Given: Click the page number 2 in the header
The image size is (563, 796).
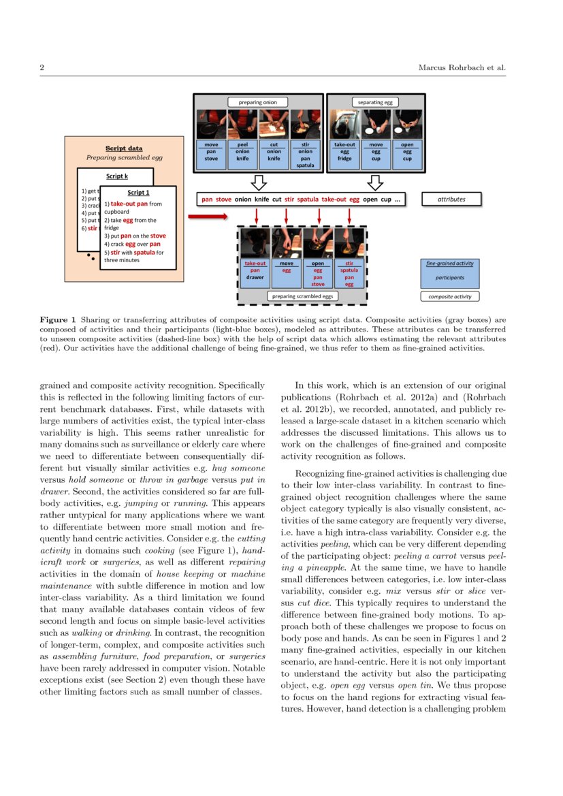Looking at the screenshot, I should coord(42,68).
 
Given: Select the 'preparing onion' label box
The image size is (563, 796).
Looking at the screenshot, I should coord(258,102).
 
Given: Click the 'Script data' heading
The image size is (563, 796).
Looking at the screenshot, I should coord(124,148).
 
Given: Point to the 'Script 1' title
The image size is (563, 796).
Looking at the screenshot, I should coord(138,193).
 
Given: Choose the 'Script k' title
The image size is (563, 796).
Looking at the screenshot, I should coord(116,176).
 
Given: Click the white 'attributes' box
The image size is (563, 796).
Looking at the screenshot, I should coord(451,199).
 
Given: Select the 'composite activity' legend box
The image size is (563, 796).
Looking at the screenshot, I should coord(449,296).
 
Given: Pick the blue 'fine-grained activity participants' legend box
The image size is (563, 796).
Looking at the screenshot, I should coord(449,272).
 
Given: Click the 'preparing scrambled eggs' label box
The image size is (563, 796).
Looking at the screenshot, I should coord(302,296).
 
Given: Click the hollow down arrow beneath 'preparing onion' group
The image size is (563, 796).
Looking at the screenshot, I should coord(258,182).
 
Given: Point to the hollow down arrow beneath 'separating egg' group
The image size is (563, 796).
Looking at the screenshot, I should coord(374,182).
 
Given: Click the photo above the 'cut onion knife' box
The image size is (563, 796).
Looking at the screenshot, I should coord(274,125).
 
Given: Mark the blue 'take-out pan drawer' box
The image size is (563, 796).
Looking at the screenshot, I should coord(255,270).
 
